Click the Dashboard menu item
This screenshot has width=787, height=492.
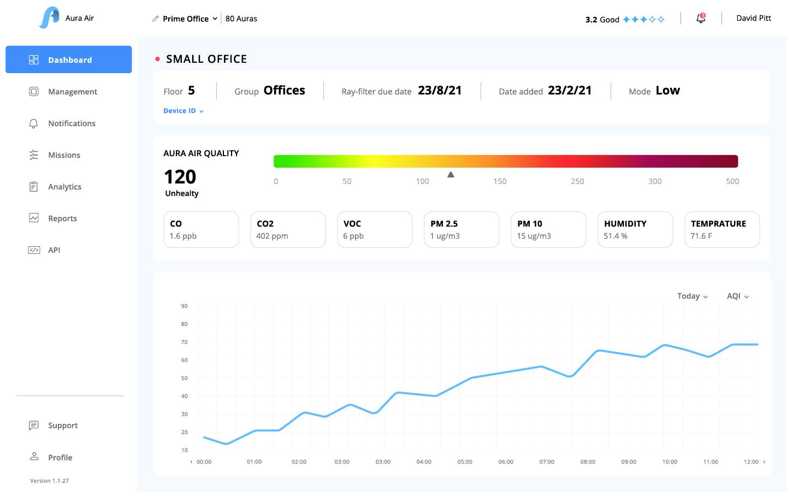(69, 60)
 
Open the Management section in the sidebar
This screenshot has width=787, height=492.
(72, 92)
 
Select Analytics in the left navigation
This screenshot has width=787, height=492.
(64, 187)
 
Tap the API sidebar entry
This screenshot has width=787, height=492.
(54, 250)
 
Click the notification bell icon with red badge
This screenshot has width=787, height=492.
(701, 19)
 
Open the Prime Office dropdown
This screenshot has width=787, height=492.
(190, 19)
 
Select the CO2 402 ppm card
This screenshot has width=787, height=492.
(288, 230)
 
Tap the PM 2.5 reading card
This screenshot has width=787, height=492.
(461, 230)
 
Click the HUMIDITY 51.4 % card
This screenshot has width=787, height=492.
(635, 230)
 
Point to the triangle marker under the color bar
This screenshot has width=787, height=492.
(451, 175)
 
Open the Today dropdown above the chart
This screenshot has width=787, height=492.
(692, 296)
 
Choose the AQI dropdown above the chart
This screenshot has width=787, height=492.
(737, 296)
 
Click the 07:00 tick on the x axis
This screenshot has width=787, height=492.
(547, 462)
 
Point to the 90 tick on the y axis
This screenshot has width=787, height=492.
(185, 306)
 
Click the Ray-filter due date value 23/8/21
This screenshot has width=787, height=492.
(440, 91)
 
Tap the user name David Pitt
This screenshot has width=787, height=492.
(754, 18)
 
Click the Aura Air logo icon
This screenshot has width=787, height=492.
(49, 18)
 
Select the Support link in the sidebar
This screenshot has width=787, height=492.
(62, 425)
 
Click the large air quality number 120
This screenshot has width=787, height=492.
(180, 177)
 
